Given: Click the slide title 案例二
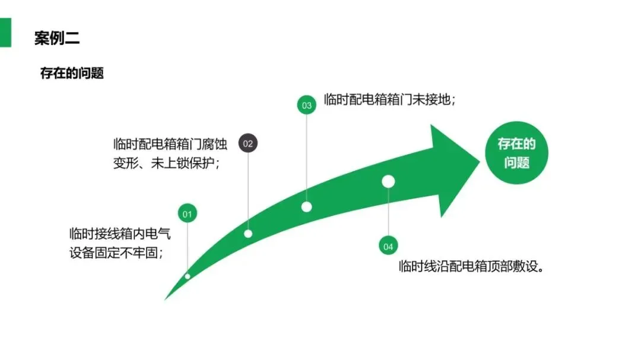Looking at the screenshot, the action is coord(57,39).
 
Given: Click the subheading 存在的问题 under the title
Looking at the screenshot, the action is coord(72,73).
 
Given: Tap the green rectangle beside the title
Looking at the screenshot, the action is coord(5,32).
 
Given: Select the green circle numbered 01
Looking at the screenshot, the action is coord(187,214).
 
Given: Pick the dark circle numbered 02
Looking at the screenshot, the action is coord(248,143).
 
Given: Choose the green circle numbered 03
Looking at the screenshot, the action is coord(306,106).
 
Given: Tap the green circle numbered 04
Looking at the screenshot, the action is coord(388,246).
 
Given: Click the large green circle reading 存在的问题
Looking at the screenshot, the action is coord(516,152).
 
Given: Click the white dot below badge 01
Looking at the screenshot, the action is coord(188,276).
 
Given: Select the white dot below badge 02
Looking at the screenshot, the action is coord(248,234).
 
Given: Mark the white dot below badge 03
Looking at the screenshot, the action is coord(306,207).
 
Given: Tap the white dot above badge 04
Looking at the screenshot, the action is coord(388,181).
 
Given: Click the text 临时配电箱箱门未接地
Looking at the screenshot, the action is coord(389,99).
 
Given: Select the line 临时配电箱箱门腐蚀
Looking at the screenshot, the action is coord(166,144).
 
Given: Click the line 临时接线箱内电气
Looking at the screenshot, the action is coord(120,233).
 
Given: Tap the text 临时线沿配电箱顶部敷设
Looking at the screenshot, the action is coord(472,266).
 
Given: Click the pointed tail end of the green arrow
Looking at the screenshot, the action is coord(166,298).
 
